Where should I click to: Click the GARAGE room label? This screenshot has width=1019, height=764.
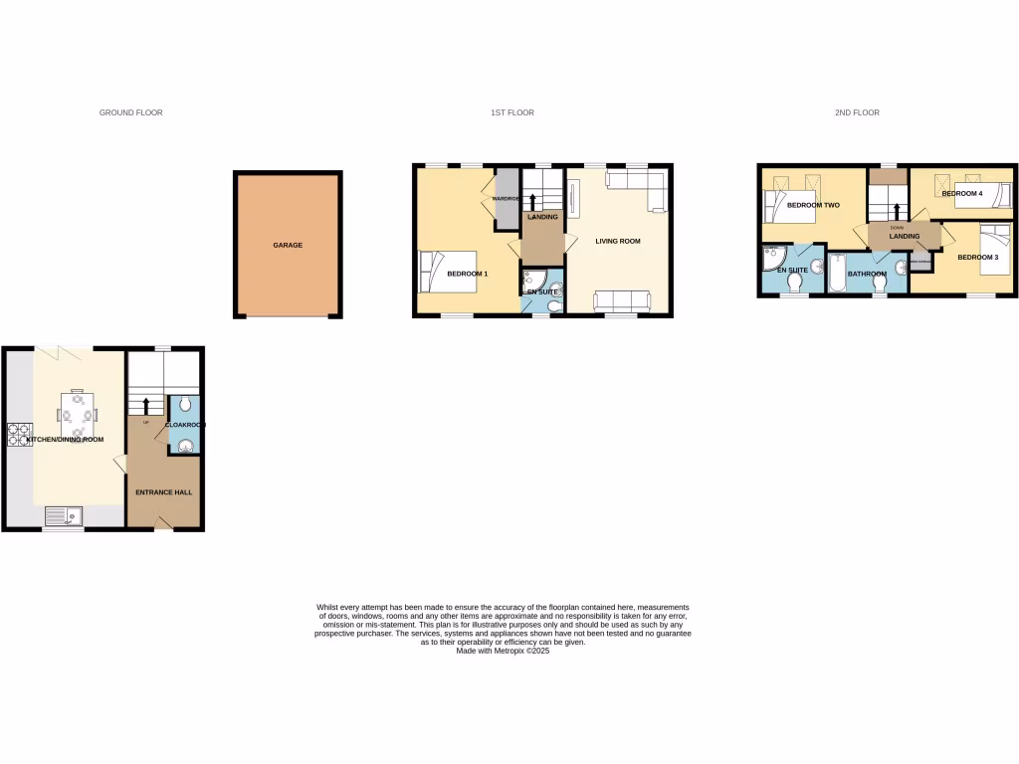click(x=289, y=245)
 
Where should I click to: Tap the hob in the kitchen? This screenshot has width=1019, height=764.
click(x=20, y=434)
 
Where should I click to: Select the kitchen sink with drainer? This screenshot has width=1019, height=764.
click(x=65, y=515)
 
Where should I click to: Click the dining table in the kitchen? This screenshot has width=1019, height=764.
click(x=79, y=410)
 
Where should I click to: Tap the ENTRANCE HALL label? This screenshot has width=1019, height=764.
click(x=164, y=491)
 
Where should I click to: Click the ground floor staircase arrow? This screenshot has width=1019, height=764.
click(x=147, y=405)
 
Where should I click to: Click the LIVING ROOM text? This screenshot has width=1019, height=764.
click(x=618, y=241)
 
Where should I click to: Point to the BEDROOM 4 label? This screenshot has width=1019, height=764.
click(x=962, y=193)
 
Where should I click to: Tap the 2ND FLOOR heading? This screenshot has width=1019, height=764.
click(x=857, y=112)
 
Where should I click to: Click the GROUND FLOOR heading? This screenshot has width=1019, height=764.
click(x=130, y=112)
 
